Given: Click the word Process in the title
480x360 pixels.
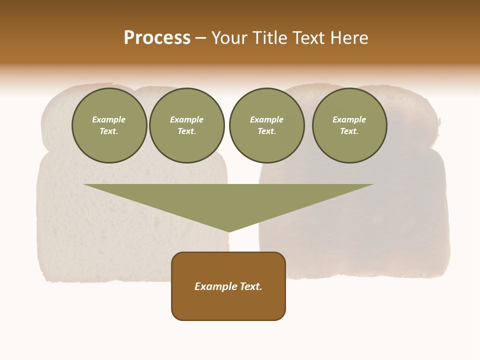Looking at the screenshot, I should tap(157, 38).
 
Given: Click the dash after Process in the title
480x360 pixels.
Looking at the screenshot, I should tap(200, 38).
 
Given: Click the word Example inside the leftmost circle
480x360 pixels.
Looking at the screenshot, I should tap(109, 119).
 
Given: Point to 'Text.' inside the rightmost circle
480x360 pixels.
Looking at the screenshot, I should tap(349, 131).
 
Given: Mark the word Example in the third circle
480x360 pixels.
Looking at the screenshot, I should tap(267, 119).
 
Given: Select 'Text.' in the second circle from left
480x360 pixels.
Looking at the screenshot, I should tap(187, 131).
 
